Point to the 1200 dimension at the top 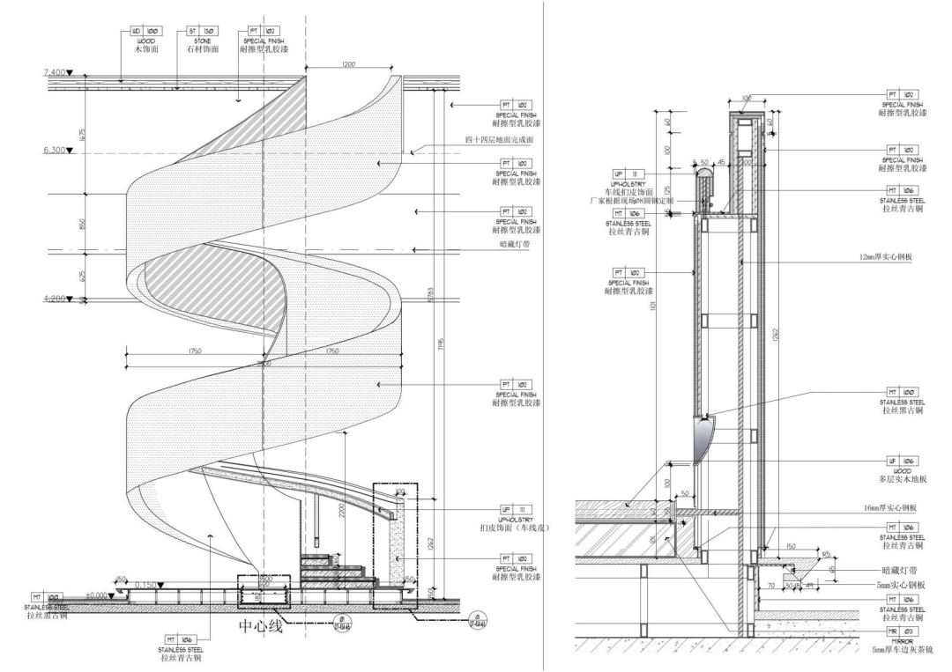[351, 64]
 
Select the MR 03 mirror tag [903, 631]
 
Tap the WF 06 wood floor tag [903, 461]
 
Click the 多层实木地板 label [903, 479]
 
